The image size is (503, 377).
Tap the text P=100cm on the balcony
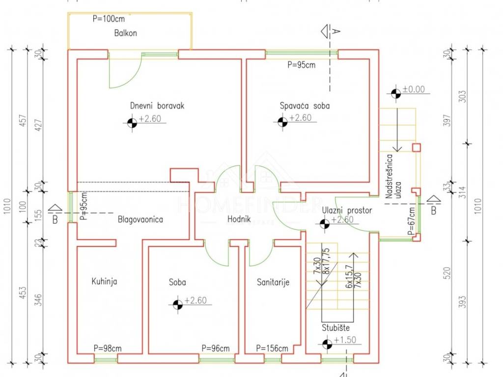point(109,19)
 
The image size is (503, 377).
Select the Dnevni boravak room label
point(157,106)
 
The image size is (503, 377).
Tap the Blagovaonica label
point(140,219)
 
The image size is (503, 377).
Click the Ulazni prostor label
point(347,210)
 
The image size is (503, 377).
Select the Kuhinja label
point(104,282)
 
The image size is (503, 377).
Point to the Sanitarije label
point(273,282)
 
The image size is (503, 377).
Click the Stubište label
point(336,329)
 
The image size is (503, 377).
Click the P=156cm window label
point(272,349)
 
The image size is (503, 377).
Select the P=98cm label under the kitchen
point(108,349)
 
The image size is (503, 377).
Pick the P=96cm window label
point(215,349)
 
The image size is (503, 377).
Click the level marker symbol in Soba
point(178,305)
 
